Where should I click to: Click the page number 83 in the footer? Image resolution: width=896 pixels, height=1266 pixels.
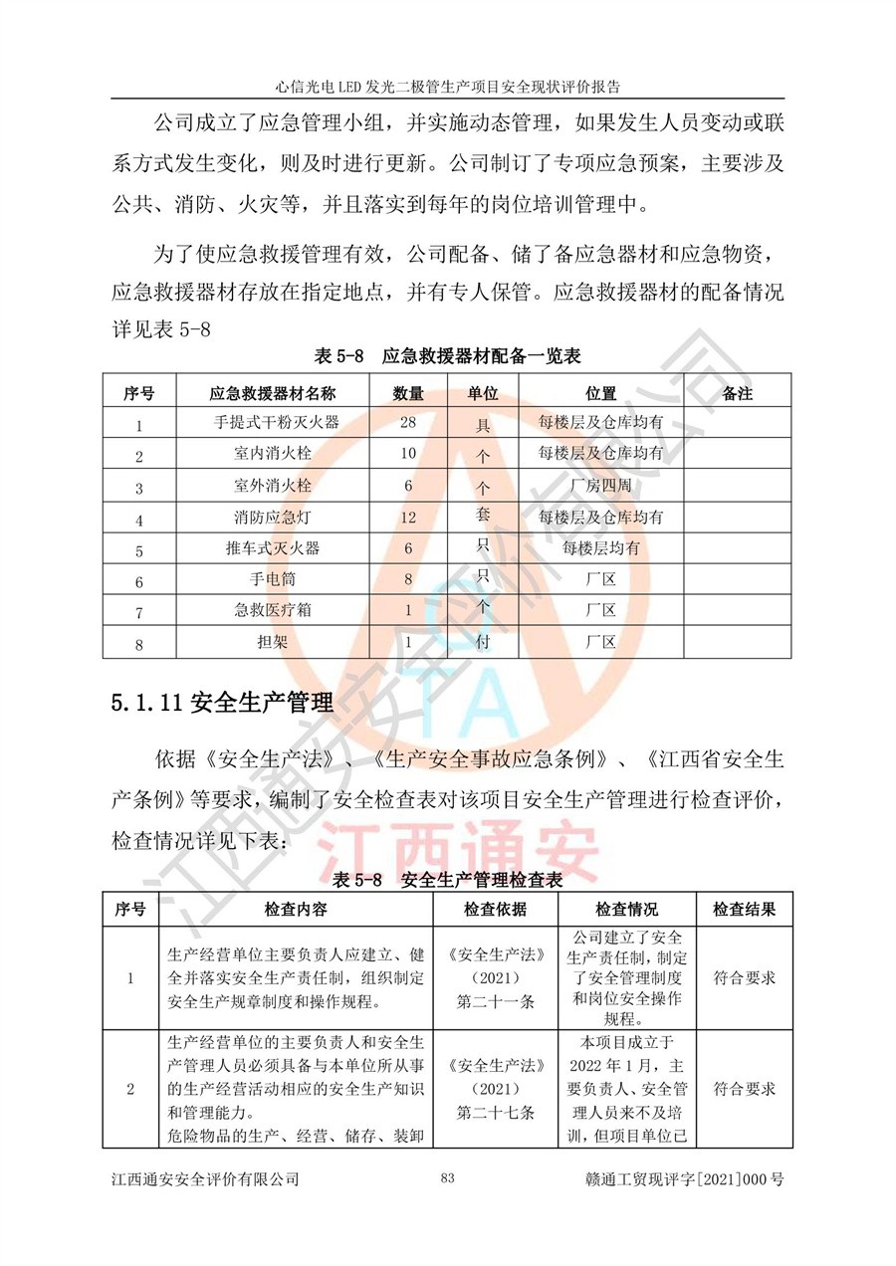[447, 1178]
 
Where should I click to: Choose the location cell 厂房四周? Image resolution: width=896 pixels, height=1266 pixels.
[600, 486]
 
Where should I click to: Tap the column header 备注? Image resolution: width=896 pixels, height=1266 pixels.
[737, 392]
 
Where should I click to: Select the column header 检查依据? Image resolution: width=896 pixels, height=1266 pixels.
[495, 910]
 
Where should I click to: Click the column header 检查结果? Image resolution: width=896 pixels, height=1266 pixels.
[744, 910]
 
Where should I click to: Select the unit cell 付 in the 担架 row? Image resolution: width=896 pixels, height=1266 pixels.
[483, 642]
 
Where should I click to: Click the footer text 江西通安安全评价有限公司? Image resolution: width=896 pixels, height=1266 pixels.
[206, 1179]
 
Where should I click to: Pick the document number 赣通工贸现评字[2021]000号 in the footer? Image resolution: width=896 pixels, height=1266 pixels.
[686, 1179]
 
